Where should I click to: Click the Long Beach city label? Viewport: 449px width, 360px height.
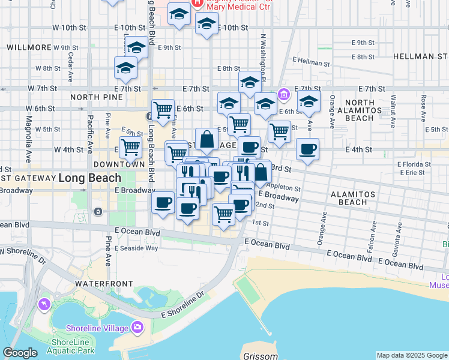click(89, 178)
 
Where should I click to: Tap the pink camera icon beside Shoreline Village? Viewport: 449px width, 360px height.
click(138, 328)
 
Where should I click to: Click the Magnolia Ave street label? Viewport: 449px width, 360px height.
click(28, 144)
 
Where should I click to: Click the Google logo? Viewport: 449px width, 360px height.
click(20, 353)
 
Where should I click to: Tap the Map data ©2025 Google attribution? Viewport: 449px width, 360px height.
click(411, 355)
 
